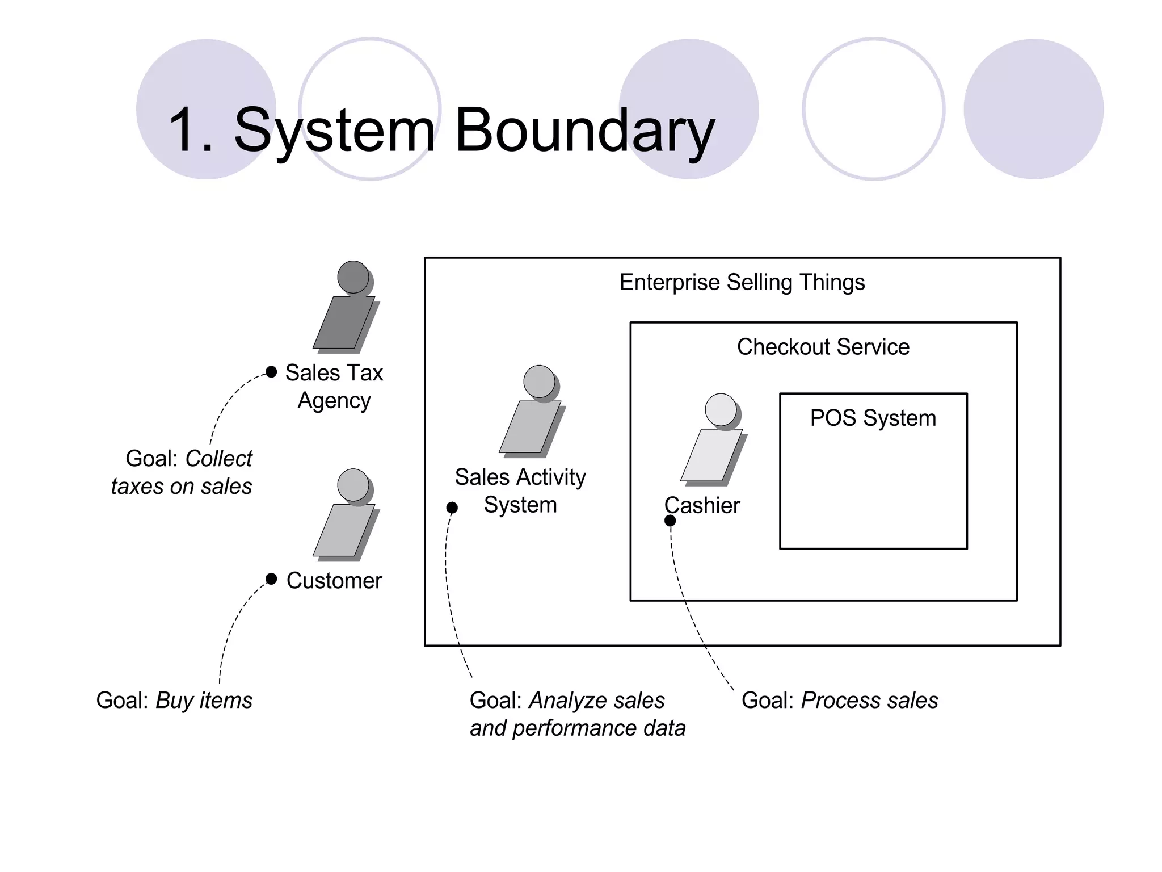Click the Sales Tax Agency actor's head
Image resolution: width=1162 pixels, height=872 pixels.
click(353, 277)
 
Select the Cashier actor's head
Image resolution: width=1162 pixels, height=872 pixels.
click(721, 409)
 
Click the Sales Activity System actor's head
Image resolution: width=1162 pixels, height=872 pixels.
click(539, 381)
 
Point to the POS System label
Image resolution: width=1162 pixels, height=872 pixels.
click(873, 418)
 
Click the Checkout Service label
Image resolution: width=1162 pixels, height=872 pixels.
click(823, 347)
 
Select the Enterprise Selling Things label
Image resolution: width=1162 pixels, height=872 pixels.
click(742, 282)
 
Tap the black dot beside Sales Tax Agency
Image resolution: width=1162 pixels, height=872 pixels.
click(271, 372)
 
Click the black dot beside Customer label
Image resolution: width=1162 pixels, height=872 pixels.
click(271, 579)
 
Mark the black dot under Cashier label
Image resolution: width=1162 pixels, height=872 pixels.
click(670, 521)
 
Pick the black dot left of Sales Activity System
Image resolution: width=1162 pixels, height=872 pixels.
click(452, 508)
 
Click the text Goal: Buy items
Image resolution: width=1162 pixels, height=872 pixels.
click(174, 701)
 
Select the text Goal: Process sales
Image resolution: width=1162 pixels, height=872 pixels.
click(839, 701)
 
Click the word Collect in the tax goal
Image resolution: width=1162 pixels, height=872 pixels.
click(218, 459)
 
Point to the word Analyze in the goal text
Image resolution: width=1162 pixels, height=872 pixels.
click(561, 701)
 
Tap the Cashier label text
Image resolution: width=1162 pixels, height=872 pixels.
click(702, 505)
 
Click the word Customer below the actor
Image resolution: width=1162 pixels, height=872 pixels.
click(334, 581)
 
